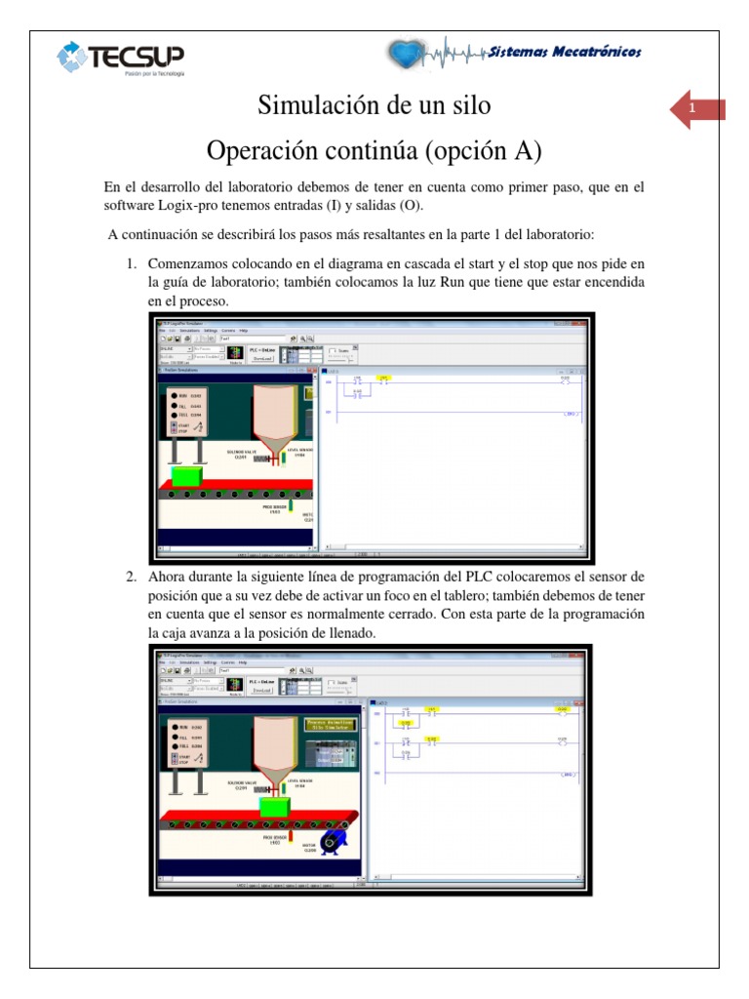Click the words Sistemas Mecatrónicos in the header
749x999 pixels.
coord(565,52)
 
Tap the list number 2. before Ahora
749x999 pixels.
coord(131,578)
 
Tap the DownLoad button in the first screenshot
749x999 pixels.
coord(260,358)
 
